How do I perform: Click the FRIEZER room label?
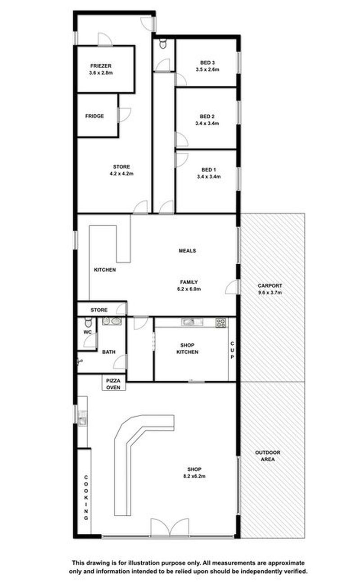[x=101, y=66]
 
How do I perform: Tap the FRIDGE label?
[x=94, y=116]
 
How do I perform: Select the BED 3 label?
[x=207, y=63]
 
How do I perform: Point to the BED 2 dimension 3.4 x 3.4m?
[x=207, y=123]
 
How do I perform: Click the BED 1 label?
[x=208, y=170]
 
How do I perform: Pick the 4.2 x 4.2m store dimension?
[x=121, y=173]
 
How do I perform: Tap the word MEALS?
[x=187, y=251]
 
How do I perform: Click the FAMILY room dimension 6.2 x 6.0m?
[x=189, y=289]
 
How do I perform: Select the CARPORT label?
[x=270, y=286]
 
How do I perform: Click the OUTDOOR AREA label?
[x=268, y=456]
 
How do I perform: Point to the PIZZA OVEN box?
[x=113, y=384]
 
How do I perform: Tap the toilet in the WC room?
[x=88, y=322]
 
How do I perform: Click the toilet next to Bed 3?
[x=163, y=44]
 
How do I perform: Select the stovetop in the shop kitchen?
[x=221, y=323]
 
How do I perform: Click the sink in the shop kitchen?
[x=192, y=322]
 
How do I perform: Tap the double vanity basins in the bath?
[x=112, y=321]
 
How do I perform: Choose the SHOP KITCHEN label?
[x=187, y=349]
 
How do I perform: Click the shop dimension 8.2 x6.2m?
[x=194, y=476]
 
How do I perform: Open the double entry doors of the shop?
[x=170, y=528]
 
